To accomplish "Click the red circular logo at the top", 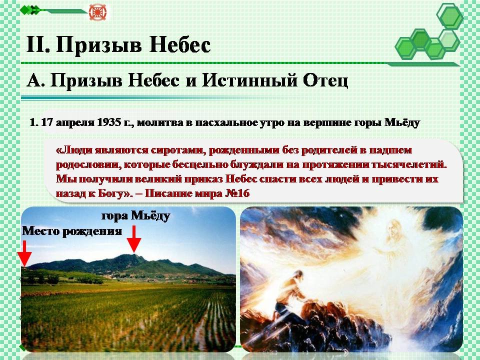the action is click(x=97, y=12).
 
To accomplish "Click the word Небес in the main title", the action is click(x=180, y=45).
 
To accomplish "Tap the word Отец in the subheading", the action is click(x=325, y=80).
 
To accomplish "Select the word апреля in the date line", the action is click(x=73, y=123).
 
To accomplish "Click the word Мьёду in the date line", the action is click(x=402, y=122).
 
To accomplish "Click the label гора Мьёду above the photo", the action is click(x=135, y=216).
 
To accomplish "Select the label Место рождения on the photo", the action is click(x=72, y=231).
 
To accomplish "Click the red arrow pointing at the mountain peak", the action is click(x=134, y=239).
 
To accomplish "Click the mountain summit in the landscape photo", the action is click(x=133, y=254).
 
